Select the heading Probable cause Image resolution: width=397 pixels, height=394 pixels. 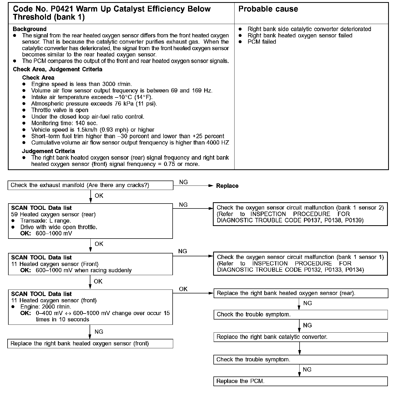click(268, 9)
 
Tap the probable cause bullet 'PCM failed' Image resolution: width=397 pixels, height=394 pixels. click(262, 42)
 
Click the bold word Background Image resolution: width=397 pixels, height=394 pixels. click(30, 29)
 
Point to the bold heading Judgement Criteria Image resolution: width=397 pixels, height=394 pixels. click(48, 151)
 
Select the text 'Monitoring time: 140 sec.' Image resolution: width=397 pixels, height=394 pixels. click(64, 123)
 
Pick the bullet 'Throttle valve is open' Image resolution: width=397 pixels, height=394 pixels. click(60, 110)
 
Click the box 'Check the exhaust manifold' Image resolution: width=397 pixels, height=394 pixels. click(90, 185)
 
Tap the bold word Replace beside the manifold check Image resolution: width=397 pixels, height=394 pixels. click(227, 186)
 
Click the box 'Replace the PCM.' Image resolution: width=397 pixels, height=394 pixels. click(300, 381)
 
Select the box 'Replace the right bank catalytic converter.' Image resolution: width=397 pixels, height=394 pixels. click(300, 337)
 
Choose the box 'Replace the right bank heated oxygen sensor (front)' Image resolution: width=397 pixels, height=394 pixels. click(90, 343)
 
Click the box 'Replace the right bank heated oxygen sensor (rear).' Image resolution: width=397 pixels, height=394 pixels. click(300, 293)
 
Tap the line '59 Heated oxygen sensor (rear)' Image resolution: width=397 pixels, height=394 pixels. click(54, 215)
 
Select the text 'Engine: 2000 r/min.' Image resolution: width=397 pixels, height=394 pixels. click(46, 307)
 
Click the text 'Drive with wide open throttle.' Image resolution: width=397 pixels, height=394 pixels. click(59, 227)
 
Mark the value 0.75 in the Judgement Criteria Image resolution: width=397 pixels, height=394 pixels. click(170, 164)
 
